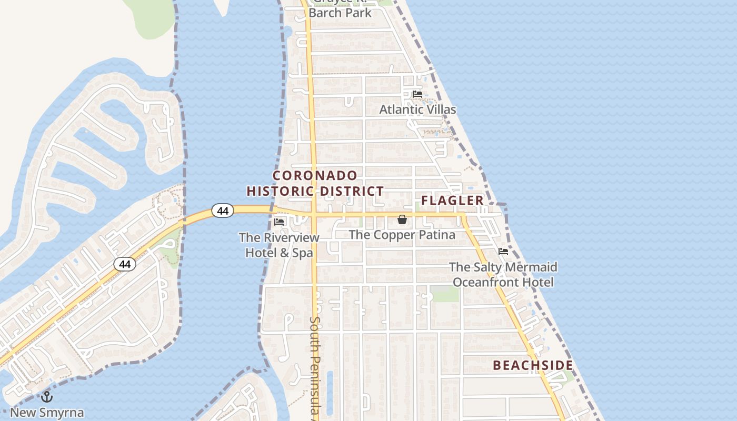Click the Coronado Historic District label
[315, 183]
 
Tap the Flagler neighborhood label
[452, 201]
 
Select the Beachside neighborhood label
[533, 365]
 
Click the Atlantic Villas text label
[417, 109]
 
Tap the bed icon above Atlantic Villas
[417, 94]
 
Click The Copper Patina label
[402, 235]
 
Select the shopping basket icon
[402, 219]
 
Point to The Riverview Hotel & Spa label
[279, 245]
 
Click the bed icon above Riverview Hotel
[279, 222]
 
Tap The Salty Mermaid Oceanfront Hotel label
[503, 275]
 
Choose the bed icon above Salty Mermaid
[503, 252]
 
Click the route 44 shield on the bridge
[223, 210]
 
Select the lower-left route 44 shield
[125, 264]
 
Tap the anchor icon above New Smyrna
[47, 397]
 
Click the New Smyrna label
[47, 412]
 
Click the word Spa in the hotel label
[303, 253]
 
